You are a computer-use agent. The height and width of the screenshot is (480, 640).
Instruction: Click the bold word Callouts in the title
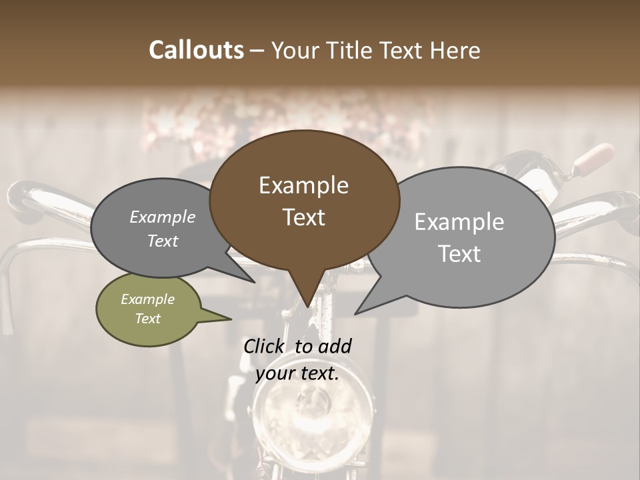pos(196,50)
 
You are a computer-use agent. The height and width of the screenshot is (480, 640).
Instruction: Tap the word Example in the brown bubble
pos(303,185)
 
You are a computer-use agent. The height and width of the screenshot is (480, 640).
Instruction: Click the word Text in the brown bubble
pos(303,217)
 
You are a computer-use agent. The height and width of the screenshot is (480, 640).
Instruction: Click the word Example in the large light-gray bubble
pos(459,222)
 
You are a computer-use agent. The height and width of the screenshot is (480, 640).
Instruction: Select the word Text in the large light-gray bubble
pos(459,254)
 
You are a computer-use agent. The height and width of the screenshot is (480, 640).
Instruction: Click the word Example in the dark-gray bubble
pos(162,217)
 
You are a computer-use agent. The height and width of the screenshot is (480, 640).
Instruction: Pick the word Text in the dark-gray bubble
pos(162,241)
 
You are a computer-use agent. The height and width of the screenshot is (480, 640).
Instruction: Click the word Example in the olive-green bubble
pos(147,300)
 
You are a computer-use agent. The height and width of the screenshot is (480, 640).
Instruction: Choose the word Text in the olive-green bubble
pos(147,319)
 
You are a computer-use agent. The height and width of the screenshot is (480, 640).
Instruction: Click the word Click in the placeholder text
pos(266,347)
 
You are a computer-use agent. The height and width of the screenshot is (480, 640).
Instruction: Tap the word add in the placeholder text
pos(335,347)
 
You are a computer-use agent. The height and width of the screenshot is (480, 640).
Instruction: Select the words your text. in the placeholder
pos(297,373)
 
